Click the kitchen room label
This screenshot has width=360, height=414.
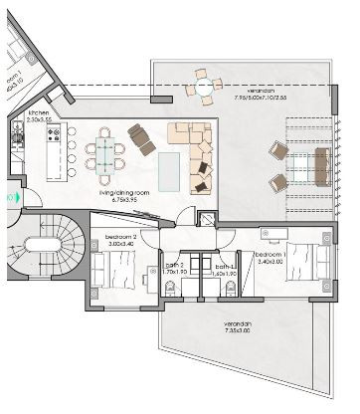tap(39, 113)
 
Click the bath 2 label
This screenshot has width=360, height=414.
tap(175, 267)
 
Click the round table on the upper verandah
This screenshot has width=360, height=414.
tap(205, 88)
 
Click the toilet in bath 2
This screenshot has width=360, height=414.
tap(171, 289)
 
